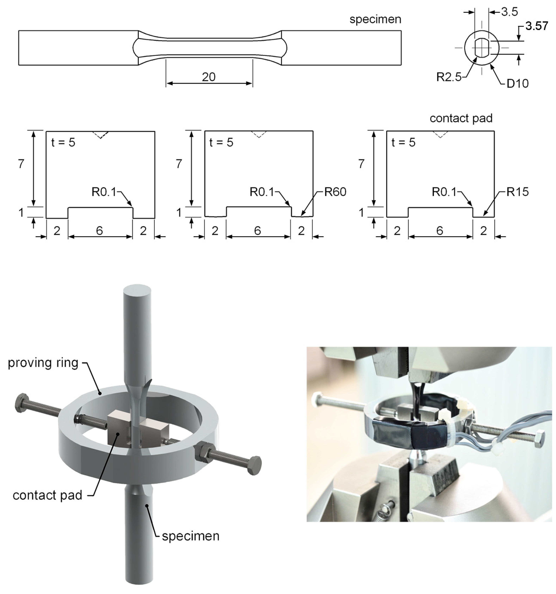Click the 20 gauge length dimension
pyautogui.click(x=208, y=77)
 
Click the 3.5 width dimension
pyautogui.click(x=509, y=12)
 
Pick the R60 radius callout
pyautogui.click(x=335, y=192)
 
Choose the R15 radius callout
pyautogui.click(x=517, y=192)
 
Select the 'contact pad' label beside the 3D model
pyautogui.click(x=47, y=495)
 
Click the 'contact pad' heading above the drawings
pyautogui.click(x=461, y=118)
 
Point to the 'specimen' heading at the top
pyautogui.click(x=375, y=19)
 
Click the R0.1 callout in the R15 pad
pyautogui.click(x=444, y=192)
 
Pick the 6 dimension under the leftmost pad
pyautogui.click(x=99, y=231)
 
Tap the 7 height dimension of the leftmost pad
pyautogui.click(x=21, y=164)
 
